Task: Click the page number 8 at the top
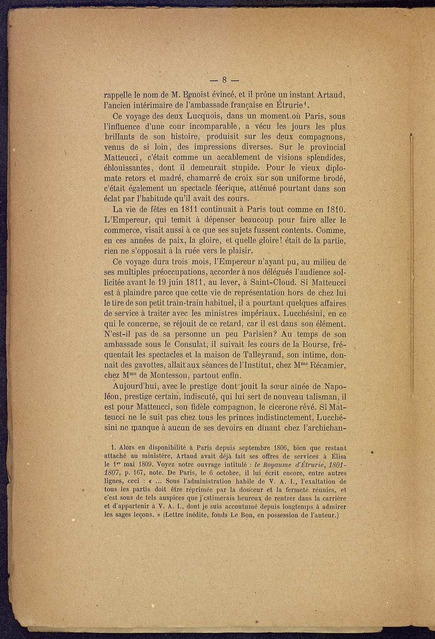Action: pyautogui.click(x=224, y=80)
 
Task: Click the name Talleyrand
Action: pyautogui.click(x=265, y=355)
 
